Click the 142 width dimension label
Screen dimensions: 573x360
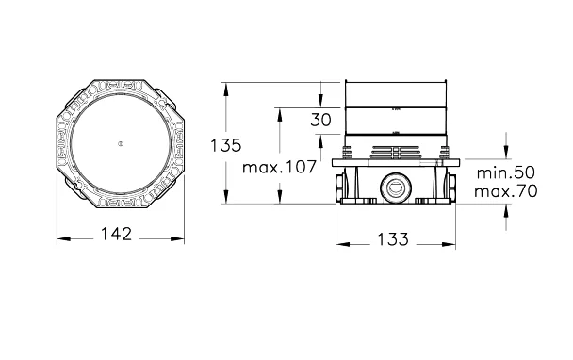pyautogui.click(x=116, y=234)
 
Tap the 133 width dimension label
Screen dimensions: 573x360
pyautogui.click(x=392, y=239)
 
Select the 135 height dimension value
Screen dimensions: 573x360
pyautogui.click(x=226, y=145)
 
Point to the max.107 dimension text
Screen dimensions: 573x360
pyautogui.click(x=279, y=167)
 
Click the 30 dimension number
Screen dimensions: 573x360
pyautogui.click(x=320, y=120)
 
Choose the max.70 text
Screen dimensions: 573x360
pyautogui.click(x=506, y=190)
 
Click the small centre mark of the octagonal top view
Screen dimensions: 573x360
pyautogui.click(x=121, y=143)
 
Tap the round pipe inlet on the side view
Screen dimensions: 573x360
pyautogui.click(x=396, y=188)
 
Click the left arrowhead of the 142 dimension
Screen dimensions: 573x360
pyautogui.click(x=63, y=239)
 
